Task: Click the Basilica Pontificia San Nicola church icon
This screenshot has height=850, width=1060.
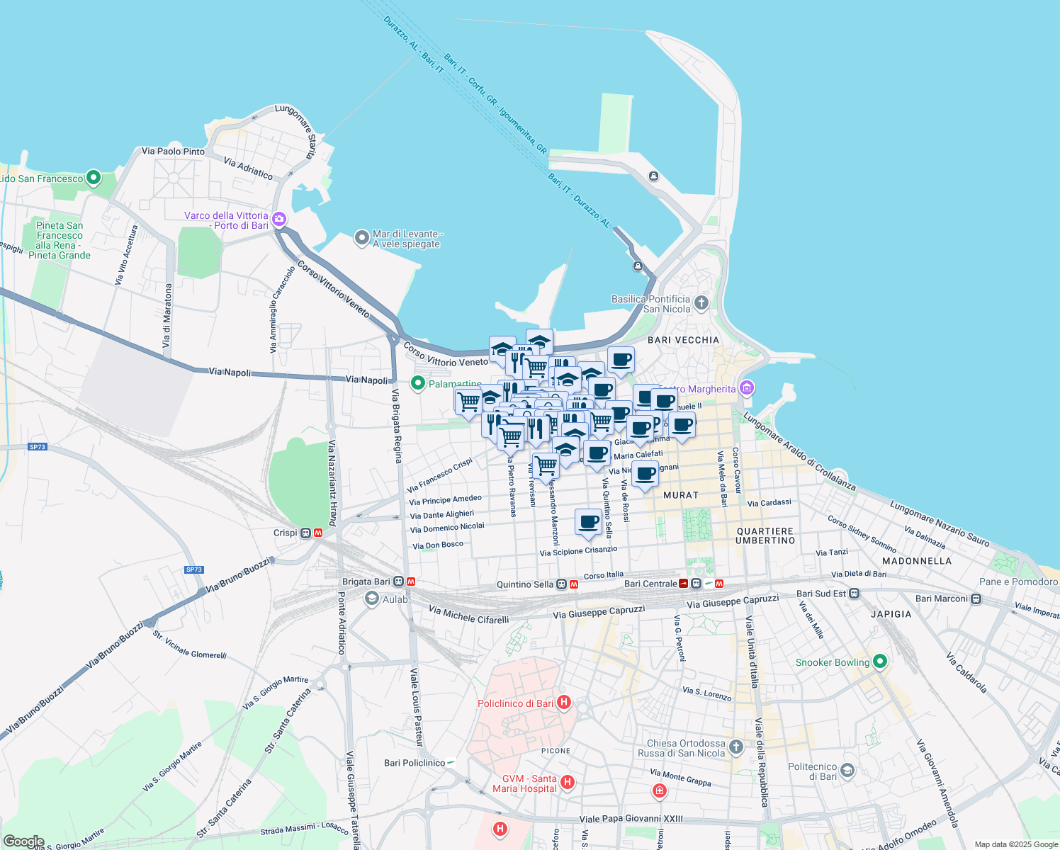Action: (701, 303)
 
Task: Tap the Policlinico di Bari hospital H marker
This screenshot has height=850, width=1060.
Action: (564, 703)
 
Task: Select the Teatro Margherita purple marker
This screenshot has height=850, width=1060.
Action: (745, 388)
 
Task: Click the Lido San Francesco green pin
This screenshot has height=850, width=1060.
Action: (94, 178)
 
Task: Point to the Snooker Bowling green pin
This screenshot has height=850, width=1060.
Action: (880, 662)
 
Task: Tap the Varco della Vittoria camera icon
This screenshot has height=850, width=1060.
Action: (279, 219)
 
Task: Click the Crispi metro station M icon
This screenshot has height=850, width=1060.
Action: (319, 533)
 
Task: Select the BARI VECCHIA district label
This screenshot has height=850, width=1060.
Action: (683, 340)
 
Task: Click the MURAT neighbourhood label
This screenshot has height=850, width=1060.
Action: (681, 495)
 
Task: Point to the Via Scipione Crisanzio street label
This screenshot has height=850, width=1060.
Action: (578, 551)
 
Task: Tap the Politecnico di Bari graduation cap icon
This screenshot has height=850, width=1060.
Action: (847, 771)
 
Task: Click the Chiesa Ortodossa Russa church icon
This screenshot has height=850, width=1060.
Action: (736, 747)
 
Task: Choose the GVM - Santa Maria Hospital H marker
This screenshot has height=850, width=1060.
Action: (567, 782)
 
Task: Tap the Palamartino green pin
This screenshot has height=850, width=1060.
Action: (418, 383)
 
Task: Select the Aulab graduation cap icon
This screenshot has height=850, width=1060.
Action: (371, 599)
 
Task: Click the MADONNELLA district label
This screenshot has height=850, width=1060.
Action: (917, 561)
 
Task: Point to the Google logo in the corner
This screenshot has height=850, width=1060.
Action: (23, 841)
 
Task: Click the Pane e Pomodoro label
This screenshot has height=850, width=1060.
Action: (1018, 582)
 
